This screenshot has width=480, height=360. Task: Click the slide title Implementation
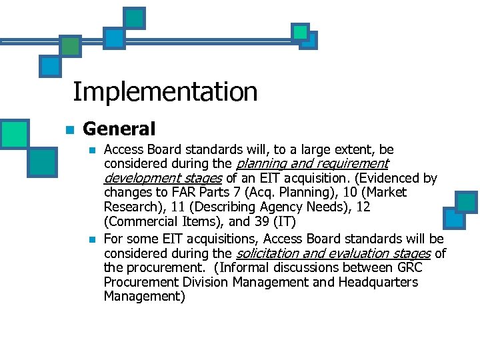[x=165, y=91]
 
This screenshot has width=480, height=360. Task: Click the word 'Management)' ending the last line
[x=145, y=297]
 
